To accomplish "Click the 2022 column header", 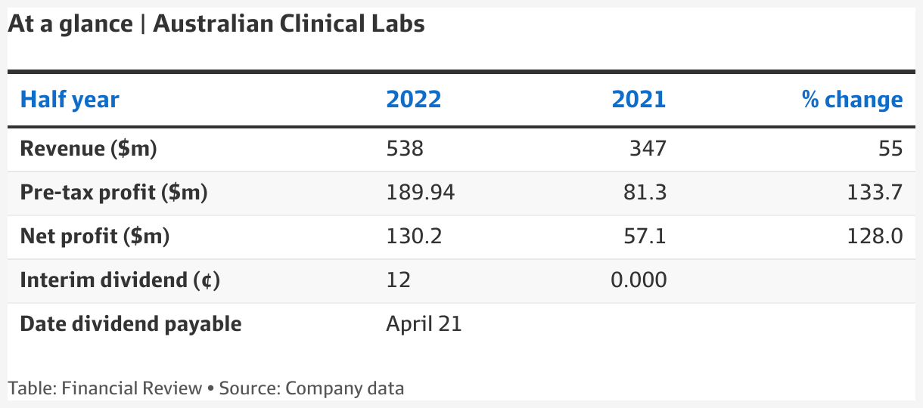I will tap(413, 100).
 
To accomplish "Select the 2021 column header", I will tap(639, 100).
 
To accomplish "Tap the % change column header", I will tap(852, 100).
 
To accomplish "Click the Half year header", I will tap(70, 100).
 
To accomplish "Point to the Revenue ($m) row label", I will tap(88, 149).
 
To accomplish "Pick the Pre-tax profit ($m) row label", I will tap(113, 193).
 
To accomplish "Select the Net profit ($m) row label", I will tap(95, 236).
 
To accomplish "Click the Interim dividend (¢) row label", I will tap(120, 280).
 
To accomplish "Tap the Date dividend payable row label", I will tap(131, 324).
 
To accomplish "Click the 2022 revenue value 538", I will tap(405, 149).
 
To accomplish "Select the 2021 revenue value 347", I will tap(648, 149).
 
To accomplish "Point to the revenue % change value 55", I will tap(890, 149).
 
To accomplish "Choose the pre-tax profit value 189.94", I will tap(420, 193).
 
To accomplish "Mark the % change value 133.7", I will tap(875, 193).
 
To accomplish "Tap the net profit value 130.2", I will tap(413, 236).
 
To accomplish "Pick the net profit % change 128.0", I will tap(875, 236).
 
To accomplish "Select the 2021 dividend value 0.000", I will tap(639, 280).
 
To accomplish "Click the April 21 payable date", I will tap(424, 324).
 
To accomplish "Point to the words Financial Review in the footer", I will tap(132, 389).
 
